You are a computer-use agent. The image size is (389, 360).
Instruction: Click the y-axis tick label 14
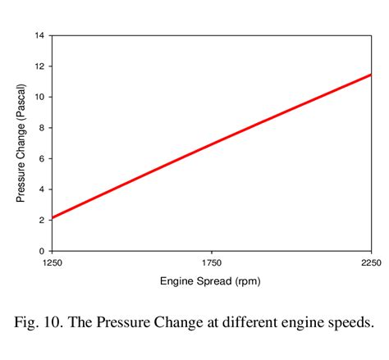tap(39, 35)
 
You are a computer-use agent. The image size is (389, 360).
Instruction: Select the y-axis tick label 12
tap(39, 66)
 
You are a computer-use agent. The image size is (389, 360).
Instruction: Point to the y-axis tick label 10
tap(39, 97)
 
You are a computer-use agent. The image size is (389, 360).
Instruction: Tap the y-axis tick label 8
tap(42, 128)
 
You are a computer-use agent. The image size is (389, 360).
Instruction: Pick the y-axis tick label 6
tap(42, 158)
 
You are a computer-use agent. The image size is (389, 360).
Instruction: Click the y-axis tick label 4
tap(42, 189)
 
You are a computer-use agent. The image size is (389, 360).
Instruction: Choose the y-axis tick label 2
tap(42, 220)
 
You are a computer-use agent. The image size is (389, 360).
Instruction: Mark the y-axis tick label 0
tap(42, 251)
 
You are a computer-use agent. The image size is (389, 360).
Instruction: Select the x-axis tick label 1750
tap(212, 263)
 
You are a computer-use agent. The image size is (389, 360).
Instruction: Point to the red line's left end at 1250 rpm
tap(53, 218)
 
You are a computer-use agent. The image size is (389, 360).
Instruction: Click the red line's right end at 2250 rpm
tap(370, 75)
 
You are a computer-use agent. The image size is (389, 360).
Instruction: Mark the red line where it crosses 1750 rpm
tap(212, 144)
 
